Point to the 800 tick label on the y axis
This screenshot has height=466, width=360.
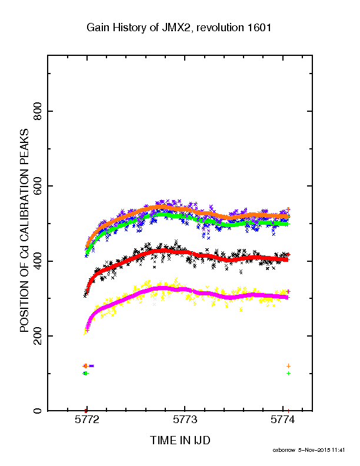click(x=38, y=111)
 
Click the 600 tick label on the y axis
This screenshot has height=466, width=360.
click(x=38, y=186)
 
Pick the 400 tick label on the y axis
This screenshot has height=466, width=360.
click(x=38, y=261)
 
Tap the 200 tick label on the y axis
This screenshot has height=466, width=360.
click(x=38, y=336)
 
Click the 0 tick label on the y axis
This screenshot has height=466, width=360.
click(x=38, y=411)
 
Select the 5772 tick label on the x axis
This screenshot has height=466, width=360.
click(x=87, y=420)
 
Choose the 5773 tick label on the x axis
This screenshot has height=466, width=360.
click(x=185, y=420)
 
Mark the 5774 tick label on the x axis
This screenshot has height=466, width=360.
click(x=282, y=420)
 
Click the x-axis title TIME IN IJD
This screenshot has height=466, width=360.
click(x=180, y=440)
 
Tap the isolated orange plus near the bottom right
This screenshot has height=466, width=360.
click(x=288, y=366)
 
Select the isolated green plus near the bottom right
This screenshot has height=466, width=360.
click(x=288, y=373)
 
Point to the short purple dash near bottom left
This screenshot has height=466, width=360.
click(x=91, y=366)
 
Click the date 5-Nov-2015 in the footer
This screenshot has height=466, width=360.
click(x=314, y=450)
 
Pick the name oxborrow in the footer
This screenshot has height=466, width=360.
click(x=284, y=450)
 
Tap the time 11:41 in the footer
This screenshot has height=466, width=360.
click(x=338, y=450)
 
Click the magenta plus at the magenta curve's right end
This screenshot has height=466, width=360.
click(x=288, y=292)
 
